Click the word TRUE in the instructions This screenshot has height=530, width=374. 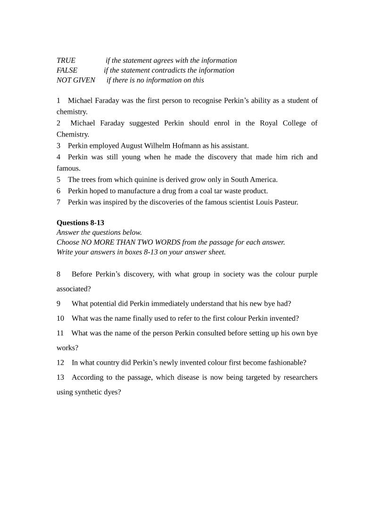(66, 60)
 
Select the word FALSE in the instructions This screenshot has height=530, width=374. (67, 70)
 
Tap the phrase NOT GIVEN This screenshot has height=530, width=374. (76, 80)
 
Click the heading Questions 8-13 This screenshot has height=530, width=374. (80, 222)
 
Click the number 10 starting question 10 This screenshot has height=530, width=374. (60, 318)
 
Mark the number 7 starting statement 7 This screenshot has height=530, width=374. (58, 202)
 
